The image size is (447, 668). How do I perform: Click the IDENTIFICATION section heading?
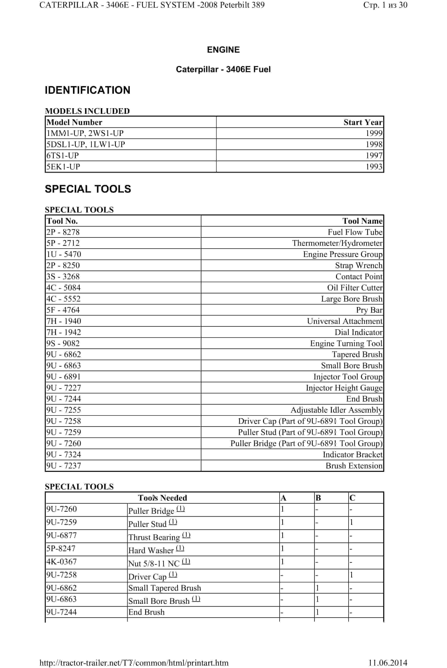(87, 90)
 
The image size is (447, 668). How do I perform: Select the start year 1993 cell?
(374, 167)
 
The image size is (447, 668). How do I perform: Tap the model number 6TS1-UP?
(63, 156)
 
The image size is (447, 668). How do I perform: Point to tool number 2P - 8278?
(63, 232)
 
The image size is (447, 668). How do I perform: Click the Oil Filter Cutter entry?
(354, 288)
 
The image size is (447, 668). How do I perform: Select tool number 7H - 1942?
(64, 332)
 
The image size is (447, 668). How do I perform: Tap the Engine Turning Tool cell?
(346, 343)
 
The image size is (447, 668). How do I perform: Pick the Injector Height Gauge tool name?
(344, 388)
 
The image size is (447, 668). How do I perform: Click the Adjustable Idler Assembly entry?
(336, 410)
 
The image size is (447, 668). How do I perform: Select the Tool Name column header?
(362, 221)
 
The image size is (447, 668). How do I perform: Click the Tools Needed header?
(163, 498)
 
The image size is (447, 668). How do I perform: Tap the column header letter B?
(318, 498)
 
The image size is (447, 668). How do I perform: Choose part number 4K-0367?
(62, 562)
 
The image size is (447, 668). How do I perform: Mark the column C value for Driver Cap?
(352, 575)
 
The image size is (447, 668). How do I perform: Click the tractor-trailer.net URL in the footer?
(134, 663)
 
